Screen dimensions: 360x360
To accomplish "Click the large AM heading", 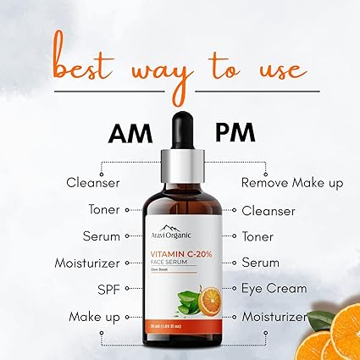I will click(131, 133).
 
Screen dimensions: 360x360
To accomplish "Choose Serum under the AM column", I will click(101, 236).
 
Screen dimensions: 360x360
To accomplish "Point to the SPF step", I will click(107, 290).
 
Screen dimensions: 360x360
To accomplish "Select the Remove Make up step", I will click(292, 182).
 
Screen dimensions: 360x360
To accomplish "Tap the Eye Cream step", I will click(274, 289).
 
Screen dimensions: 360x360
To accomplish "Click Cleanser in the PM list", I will click(268, 210).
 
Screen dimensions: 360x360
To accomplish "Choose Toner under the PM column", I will click(258, 236).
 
